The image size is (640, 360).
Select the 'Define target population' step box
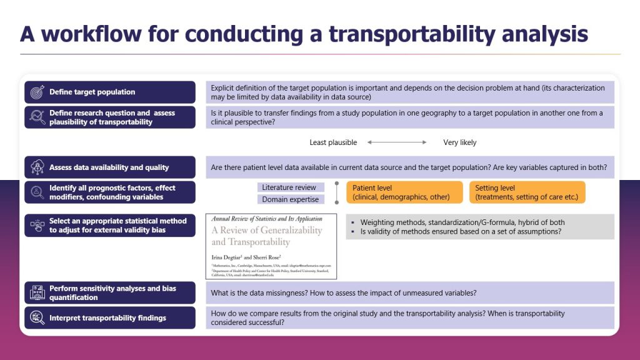(x=110, y=92)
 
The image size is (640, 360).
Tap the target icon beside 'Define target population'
(x=36, y=92)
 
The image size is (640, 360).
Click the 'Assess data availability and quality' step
(x=110, y=167)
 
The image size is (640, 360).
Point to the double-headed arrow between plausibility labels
(x=397, y=142)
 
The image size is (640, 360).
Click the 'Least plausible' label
(x=333, y=142)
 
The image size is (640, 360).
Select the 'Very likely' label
(x=459, y=142)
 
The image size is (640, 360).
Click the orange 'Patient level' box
(x=404, y=192)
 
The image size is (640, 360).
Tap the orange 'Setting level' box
(x=527, y=192)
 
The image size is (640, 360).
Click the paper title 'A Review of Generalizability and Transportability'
(x=267, y=236)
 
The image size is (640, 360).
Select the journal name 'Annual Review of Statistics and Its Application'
(x=267, y=219)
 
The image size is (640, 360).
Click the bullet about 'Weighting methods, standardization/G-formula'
(x=462, y=222)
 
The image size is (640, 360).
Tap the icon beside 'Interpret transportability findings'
(x=36, y=318)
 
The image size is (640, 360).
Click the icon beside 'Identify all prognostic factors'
(x=36, y=192)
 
